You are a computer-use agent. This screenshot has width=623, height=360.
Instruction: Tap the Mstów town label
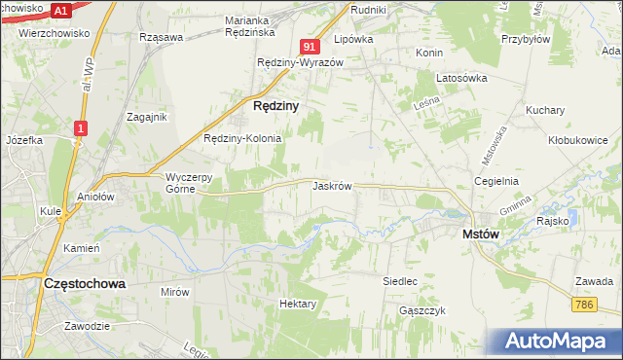click(x=480, y=234)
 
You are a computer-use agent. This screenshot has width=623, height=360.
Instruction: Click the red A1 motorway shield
click(x=60, y=11)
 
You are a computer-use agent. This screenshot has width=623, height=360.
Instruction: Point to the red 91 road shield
click(x=310, y=46)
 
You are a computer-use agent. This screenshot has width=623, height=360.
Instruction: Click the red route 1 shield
click(x=81, y=126)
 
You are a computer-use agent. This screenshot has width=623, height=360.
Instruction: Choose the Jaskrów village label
click(x=332, y=185)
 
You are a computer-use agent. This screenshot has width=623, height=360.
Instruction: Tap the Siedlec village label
click(x=400, y=281)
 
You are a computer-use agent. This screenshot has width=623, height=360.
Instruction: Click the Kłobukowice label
click(x=577, y=140)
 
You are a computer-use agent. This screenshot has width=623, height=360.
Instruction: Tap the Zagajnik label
click(x=148, y=117)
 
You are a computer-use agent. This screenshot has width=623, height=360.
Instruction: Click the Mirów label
click(x=175, y=291)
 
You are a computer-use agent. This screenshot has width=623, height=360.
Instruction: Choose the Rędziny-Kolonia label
click(x=242, y=138)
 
